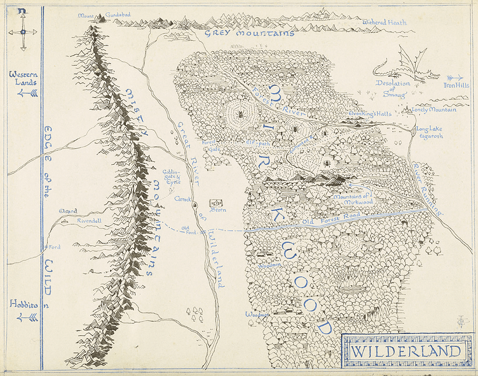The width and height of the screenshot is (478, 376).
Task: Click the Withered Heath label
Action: [x=384, y=22]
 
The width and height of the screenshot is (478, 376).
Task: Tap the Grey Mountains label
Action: [x=249, y=34]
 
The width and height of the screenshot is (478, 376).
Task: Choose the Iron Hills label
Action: [x=456, y=85]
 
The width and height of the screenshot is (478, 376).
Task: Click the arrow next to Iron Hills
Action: [x=455, y=77]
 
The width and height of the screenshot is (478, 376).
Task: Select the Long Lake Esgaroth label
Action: [x=430, y=132]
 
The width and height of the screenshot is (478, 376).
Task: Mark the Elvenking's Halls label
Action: [x=370, y=115]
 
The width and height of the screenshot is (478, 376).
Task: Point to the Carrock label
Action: [x=183, y=198]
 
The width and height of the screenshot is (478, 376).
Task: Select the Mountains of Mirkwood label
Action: [x=353, y=200]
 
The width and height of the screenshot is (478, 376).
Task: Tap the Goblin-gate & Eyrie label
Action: [x=171, y=177]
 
